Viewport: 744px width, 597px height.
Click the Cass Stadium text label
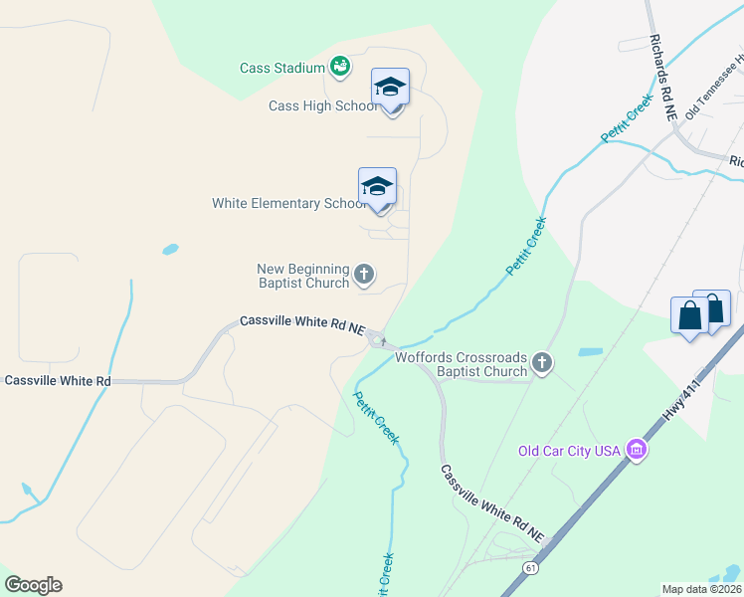click(x=282, y=68)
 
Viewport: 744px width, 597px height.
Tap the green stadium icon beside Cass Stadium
click(x=340, y=67)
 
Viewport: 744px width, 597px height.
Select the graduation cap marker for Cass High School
click(x=390, y=89)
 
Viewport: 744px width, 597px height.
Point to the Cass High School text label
click(x=321, y=106)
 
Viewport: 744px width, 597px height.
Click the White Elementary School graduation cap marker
click(x=377, y=187)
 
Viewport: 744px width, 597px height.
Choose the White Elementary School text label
click(x=288, y=203)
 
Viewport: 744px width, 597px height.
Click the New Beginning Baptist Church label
click(x=303, y=276)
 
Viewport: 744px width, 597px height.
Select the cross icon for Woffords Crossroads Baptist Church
click(x=542, y=362)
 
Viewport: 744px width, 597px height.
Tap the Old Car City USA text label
click(x=569, y=451)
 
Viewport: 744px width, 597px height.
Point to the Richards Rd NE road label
click(x=663, y=80)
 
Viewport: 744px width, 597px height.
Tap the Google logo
click(x=33, y=585)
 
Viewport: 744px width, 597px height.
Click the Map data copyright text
click(x=701, y=589)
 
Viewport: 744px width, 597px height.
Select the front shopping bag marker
click(x=689, y=317)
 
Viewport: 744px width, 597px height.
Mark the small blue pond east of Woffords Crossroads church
click(x=590, y=351)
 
